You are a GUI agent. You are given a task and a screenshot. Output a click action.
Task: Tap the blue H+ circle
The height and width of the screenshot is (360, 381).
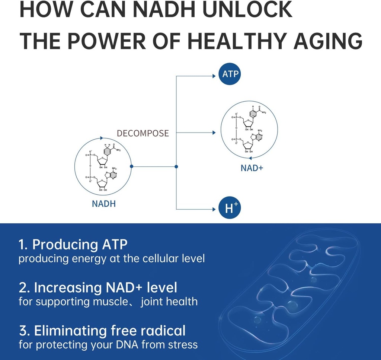pos(230,209)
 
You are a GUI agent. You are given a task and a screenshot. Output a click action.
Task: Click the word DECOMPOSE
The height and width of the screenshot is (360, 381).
pos(143,133)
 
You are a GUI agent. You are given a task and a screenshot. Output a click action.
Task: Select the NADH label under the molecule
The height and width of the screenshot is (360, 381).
pos(104,204)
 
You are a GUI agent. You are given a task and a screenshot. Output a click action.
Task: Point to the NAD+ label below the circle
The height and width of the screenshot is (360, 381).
pos(252,168)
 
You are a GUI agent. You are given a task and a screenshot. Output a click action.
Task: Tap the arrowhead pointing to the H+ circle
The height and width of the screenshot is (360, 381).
pos(214,209)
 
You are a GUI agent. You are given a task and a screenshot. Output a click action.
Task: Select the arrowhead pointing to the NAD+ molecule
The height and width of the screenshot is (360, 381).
pos(214,133)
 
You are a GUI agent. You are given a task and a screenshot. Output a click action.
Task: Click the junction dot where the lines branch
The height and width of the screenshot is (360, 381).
pos(176,166)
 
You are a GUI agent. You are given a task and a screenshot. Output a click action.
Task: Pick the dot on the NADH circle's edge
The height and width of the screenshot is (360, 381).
pos(132,166)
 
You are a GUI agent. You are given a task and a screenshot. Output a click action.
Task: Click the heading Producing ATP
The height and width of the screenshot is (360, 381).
pos(73,245)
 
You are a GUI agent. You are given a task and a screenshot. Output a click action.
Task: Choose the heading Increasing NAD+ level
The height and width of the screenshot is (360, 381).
pos(98,287)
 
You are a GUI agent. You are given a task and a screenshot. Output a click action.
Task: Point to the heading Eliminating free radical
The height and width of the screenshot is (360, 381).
pos(102,330)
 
